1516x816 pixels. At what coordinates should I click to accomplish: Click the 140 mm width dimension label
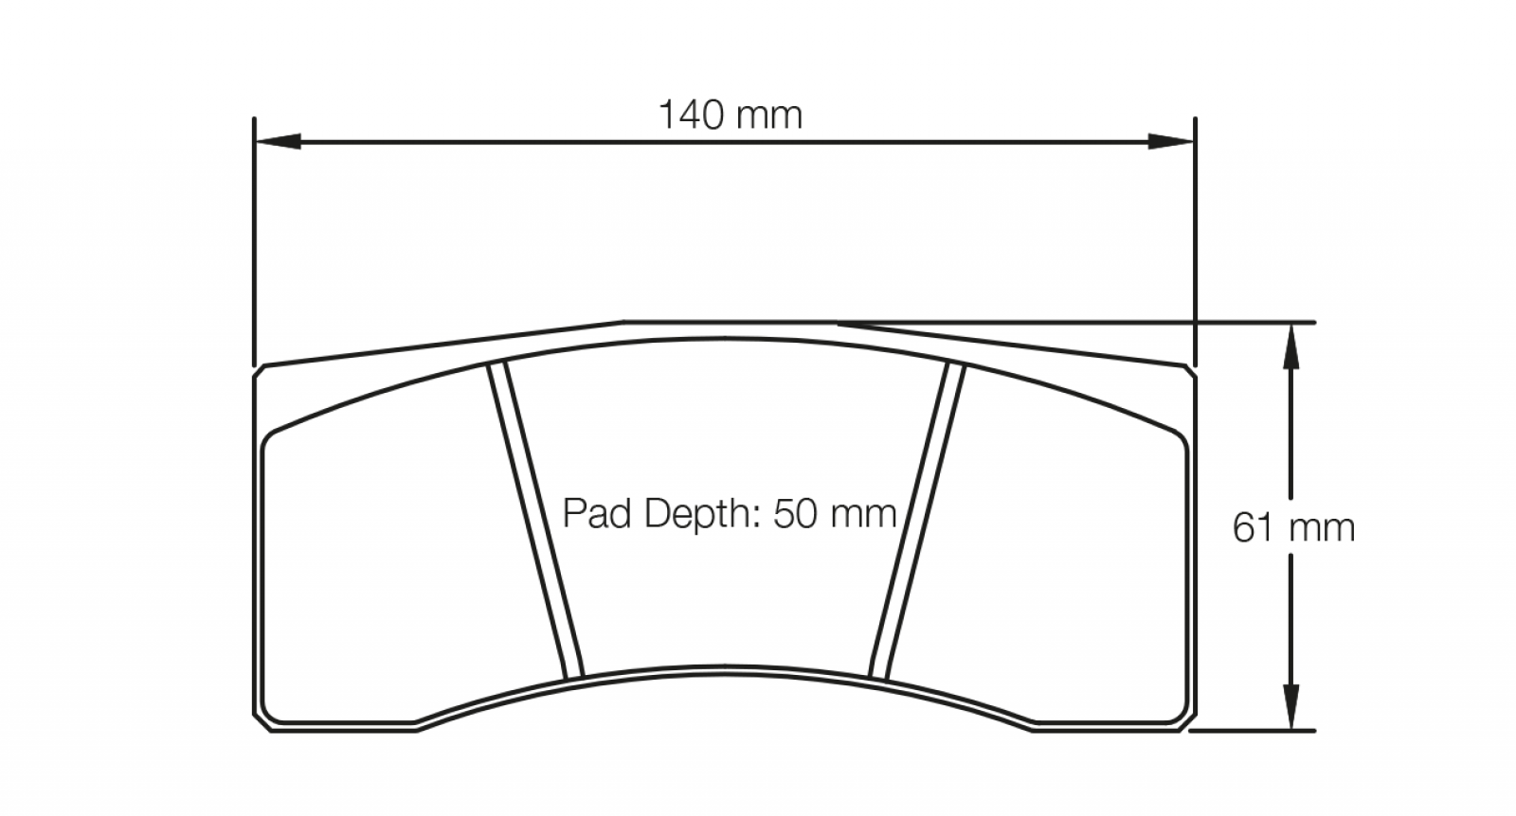pyautogui.click(x=731, y=115)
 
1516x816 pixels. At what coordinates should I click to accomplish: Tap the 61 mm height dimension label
pyautogui.click(x=1293, y=528)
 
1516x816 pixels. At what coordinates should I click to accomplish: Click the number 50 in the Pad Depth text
pyautogui.click(x=797, y=513)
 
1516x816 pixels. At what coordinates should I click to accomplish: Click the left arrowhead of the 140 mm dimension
pyautogui.click(x=278, y=141)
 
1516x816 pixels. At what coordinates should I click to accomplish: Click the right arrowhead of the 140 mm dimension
pyautogui.click(x=1171, y=141)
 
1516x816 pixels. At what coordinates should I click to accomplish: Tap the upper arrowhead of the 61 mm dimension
pyautogui.click(x=1291, y=346)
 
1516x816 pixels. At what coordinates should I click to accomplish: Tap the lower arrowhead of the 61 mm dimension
pyautogui.click(x=1291, y=707)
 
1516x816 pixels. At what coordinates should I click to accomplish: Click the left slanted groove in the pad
pyautogui.click(x=535, y=520)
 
